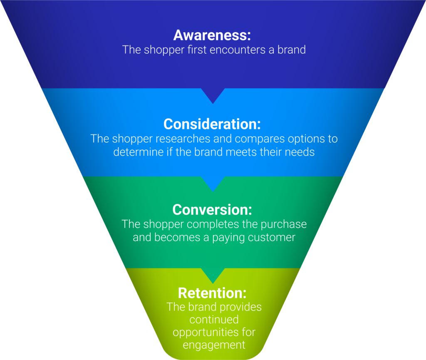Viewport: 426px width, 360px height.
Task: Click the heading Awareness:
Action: pos(213,35)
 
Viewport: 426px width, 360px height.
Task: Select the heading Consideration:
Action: pos(213,124)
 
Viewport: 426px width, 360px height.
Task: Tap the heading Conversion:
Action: pos(213,209)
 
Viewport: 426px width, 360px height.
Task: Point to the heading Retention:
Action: pos(213,293)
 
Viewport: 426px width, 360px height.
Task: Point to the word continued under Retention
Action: pos(214,320)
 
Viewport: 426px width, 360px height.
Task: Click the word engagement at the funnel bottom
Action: pos(214,345)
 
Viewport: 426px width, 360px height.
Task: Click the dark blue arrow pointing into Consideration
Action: pos(213,95)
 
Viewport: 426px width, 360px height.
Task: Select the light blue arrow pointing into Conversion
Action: pos(213,184)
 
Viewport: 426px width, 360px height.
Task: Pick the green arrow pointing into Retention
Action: pos(213,276)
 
